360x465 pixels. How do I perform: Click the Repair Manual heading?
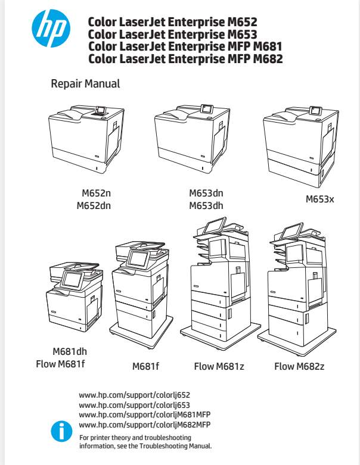(x=85, y=84)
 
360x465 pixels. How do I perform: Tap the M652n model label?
(x=97, y=194)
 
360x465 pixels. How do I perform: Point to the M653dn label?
(x=206, y=194)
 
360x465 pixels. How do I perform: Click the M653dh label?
(x=206, y=206)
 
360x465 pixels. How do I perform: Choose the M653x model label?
(x=320, y=199)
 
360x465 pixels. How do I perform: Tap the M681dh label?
(x=70, y=351)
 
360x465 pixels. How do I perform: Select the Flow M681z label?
(x=219, y=366)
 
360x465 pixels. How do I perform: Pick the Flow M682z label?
(x=299, y=366)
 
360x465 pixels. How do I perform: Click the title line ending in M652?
(x=173, y=23)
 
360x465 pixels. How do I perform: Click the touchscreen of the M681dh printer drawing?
(x=73, y=279)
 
